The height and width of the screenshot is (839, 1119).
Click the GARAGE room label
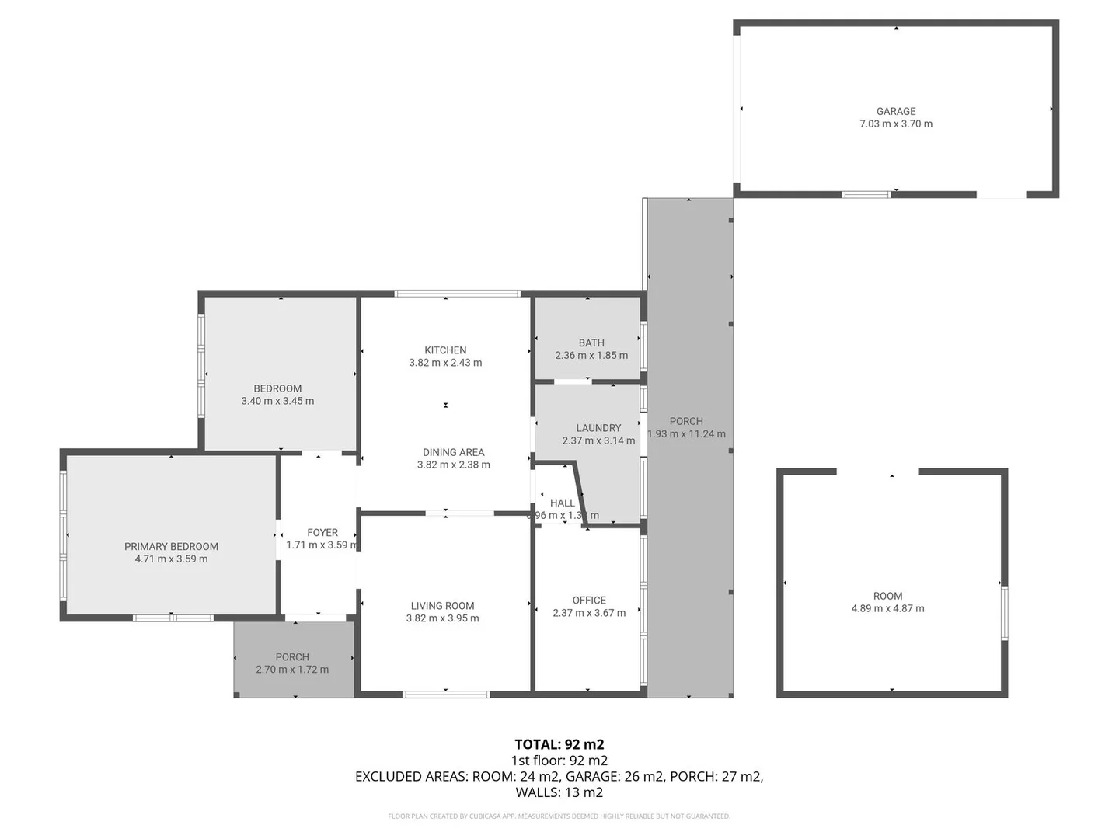click(895, 111)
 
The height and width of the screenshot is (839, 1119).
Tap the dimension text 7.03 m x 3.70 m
click(895, 124)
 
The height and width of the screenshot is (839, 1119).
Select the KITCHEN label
click(445, 350)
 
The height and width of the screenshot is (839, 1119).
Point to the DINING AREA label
click(453, 452)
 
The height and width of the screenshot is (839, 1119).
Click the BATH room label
click(591, 343)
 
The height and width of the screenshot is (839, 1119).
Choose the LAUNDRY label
click(598, 428)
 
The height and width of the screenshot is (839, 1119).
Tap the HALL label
click(562, 503)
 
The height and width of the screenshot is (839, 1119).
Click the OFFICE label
click(589, 601)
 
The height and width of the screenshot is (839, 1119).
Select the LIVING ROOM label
click(442, 606)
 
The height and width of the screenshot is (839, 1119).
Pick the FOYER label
click(322, 533)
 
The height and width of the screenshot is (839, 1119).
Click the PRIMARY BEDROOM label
click(171, 547)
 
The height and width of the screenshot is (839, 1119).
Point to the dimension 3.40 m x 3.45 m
click(277, 402)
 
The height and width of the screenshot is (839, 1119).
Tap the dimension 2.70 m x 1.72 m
click(292, 670)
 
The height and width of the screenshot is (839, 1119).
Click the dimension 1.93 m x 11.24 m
click(686, 434)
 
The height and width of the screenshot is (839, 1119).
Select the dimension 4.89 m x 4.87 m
click(887, 609)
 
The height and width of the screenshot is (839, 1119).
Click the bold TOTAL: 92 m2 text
click(559, 744)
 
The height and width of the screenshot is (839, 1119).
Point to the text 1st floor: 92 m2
click(559, 761)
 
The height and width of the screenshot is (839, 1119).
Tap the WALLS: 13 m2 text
click(559, 792)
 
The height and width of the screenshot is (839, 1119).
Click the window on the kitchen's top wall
click(456, 294)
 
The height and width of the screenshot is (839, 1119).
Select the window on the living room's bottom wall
click(445, 694)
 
